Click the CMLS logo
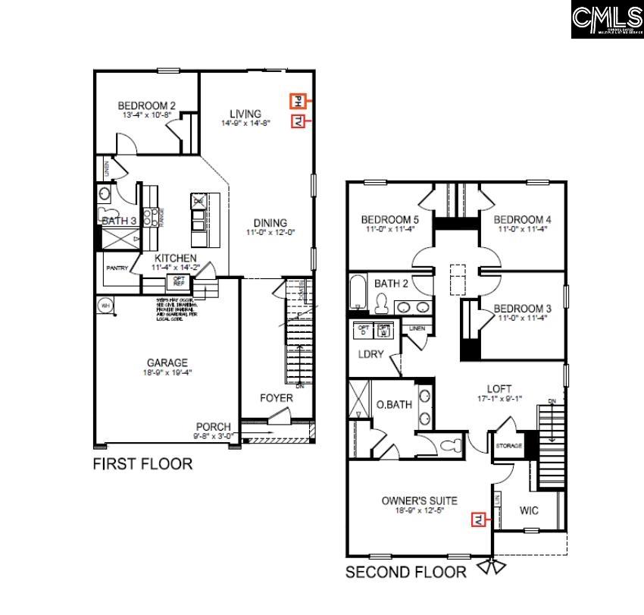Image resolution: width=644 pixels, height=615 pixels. pyautogui.click(x=606, y=19)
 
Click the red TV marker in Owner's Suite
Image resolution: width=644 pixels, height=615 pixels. pyautogui.click(x=479, y=519)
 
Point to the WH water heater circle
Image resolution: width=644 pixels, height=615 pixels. pyautogui.click(x=104, y=306)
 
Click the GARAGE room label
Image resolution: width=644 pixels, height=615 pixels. pyautogui.click(x=167, y=362)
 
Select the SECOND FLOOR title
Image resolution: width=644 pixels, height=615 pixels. pyautogui.click(x=406, y=573)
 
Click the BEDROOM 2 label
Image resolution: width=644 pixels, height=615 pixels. pyautogui.click(x=147, y=106)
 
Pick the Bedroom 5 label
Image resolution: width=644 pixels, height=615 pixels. pyautogui.click(x=389, y=220)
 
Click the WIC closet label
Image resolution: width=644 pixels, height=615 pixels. pyautogui.click(x=529, y=511)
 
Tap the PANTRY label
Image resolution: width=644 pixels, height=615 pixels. pyautogui.click(x=117, y=268)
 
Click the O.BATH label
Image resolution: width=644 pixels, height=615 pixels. pyautogui.click(x=394, y=404)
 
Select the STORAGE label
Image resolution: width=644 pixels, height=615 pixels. pyautogui.click(x=509, y=445)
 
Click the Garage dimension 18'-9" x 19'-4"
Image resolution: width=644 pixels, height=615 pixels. pyautogui.click(x=167, y=373)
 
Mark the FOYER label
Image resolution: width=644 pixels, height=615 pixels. pyautogui.click(x=277, y=397)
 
